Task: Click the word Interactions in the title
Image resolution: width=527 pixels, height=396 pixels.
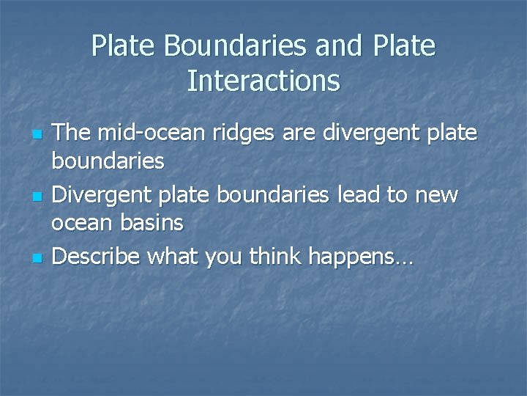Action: tap(263, 81)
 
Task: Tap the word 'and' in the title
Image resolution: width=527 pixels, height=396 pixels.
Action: tap(340, 46)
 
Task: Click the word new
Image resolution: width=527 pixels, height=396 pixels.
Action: tap(438, 197)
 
